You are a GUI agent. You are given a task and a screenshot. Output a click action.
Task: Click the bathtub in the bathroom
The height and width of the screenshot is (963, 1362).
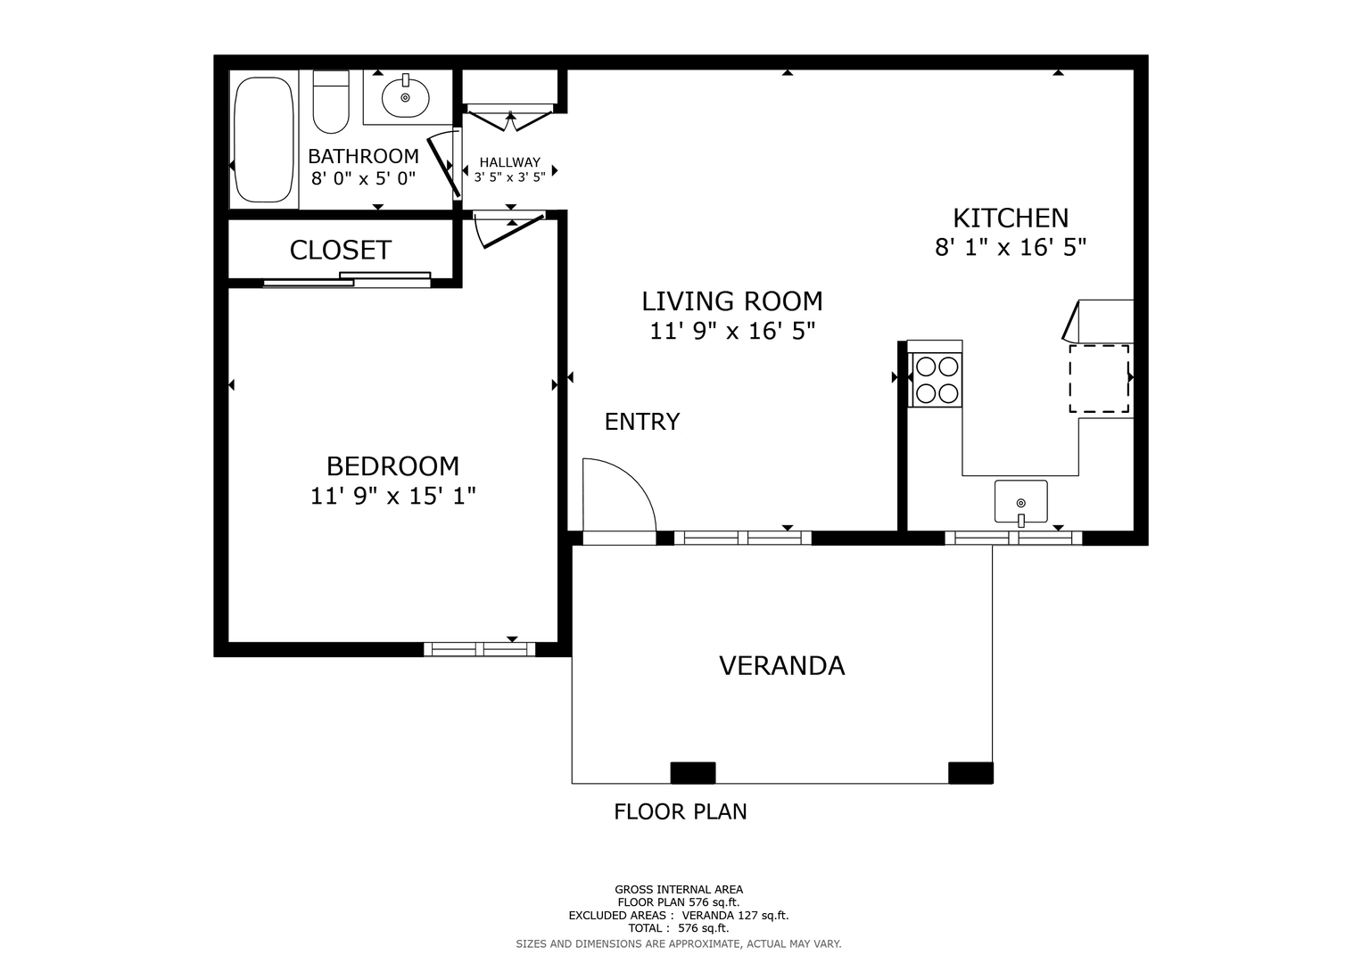click(264, 139)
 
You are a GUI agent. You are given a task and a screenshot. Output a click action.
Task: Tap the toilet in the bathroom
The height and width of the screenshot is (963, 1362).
click(331, 102)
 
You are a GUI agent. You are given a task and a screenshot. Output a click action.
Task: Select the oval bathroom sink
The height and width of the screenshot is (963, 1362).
click(406, 96)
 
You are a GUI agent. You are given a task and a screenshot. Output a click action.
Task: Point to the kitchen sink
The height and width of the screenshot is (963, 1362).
click(1021, 502)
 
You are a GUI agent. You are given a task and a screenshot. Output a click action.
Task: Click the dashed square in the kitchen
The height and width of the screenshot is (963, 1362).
click(1100, 379)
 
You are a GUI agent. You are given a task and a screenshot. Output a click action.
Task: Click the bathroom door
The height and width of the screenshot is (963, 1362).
click(443, 164)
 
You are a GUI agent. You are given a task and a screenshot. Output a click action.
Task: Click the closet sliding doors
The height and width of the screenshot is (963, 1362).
click(347, 280)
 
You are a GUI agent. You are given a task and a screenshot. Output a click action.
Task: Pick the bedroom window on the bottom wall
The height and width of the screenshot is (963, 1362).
click(479, 649)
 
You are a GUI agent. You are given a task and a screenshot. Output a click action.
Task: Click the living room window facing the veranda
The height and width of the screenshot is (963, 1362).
click(742, 538)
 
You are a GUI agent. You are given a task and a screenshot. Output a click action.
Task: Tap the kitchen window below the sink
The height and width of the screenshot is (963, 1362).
click(1013, 538)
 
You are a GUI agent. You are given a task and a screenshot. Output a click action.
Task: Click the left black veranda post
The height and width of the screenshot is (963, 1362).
click(692, 772)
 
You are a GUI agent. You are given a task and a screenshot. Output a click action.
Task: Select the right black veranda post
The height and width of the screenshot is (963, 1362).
click(971, 772)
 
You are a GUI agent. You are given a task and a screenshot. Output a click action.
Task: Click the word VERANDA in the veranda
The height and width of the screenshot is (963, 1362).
click(782, 666)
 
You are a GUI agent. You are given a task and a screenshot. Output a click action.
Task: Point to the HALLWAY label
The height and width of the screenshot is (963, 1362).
click(509, 162)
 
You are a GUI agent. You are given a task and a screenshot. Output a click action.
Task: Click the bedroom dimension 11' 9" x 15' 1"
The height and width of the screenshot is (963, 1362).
click(392, 496)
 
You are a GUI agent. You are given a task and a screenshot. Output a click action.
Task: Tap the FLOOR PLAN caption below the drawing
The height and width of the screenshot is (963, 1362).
click(681, 811)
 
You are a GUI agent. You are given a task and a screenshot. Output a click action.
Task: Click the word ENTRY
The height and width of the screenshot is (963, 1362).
click(642, 421)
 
